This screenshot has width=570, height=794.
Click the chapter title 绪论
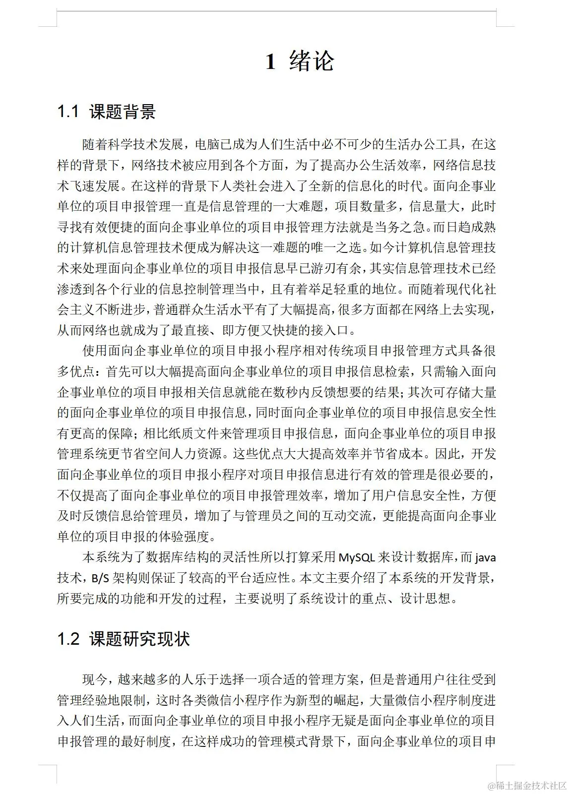click(x=312, y=61)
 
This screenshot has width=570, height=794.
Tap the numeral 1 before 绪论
click(x=270, y=62)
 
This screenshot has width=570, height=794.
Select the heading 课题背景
click(x=123, y=112)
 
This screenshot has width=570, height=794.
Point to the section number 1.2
click(x=68, y=639)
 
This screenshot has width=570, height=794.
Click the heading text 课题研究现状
click(x=139, y=639)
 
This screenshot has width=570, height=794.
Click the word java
click(x=485, y=557)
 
